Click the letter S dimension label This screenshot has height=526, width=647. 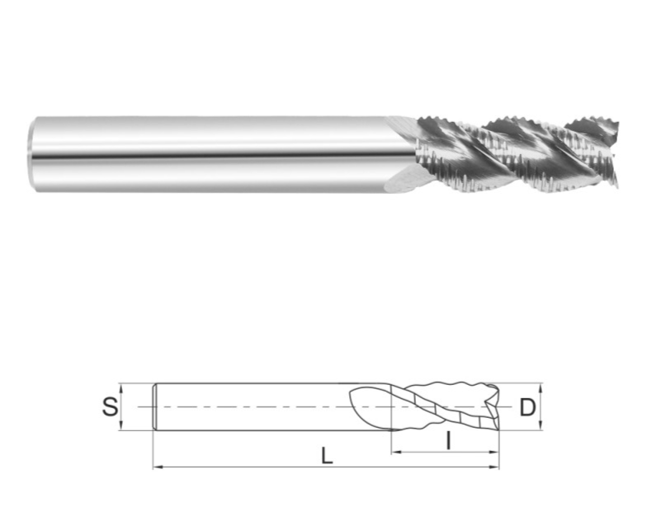click(x=111, y=407)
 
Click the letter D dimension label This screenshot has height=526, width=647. click(x=527, y=407)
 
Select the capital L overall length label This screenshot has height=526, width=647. click(x=327, y=457)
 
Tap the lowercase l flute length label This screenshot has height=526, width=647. click(x=448, y=440)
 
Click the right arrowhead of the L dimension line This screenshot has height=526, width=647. click(x=494, y=467)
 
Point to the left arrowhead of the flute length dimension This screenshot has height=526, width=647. click(x=396, y=452)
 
